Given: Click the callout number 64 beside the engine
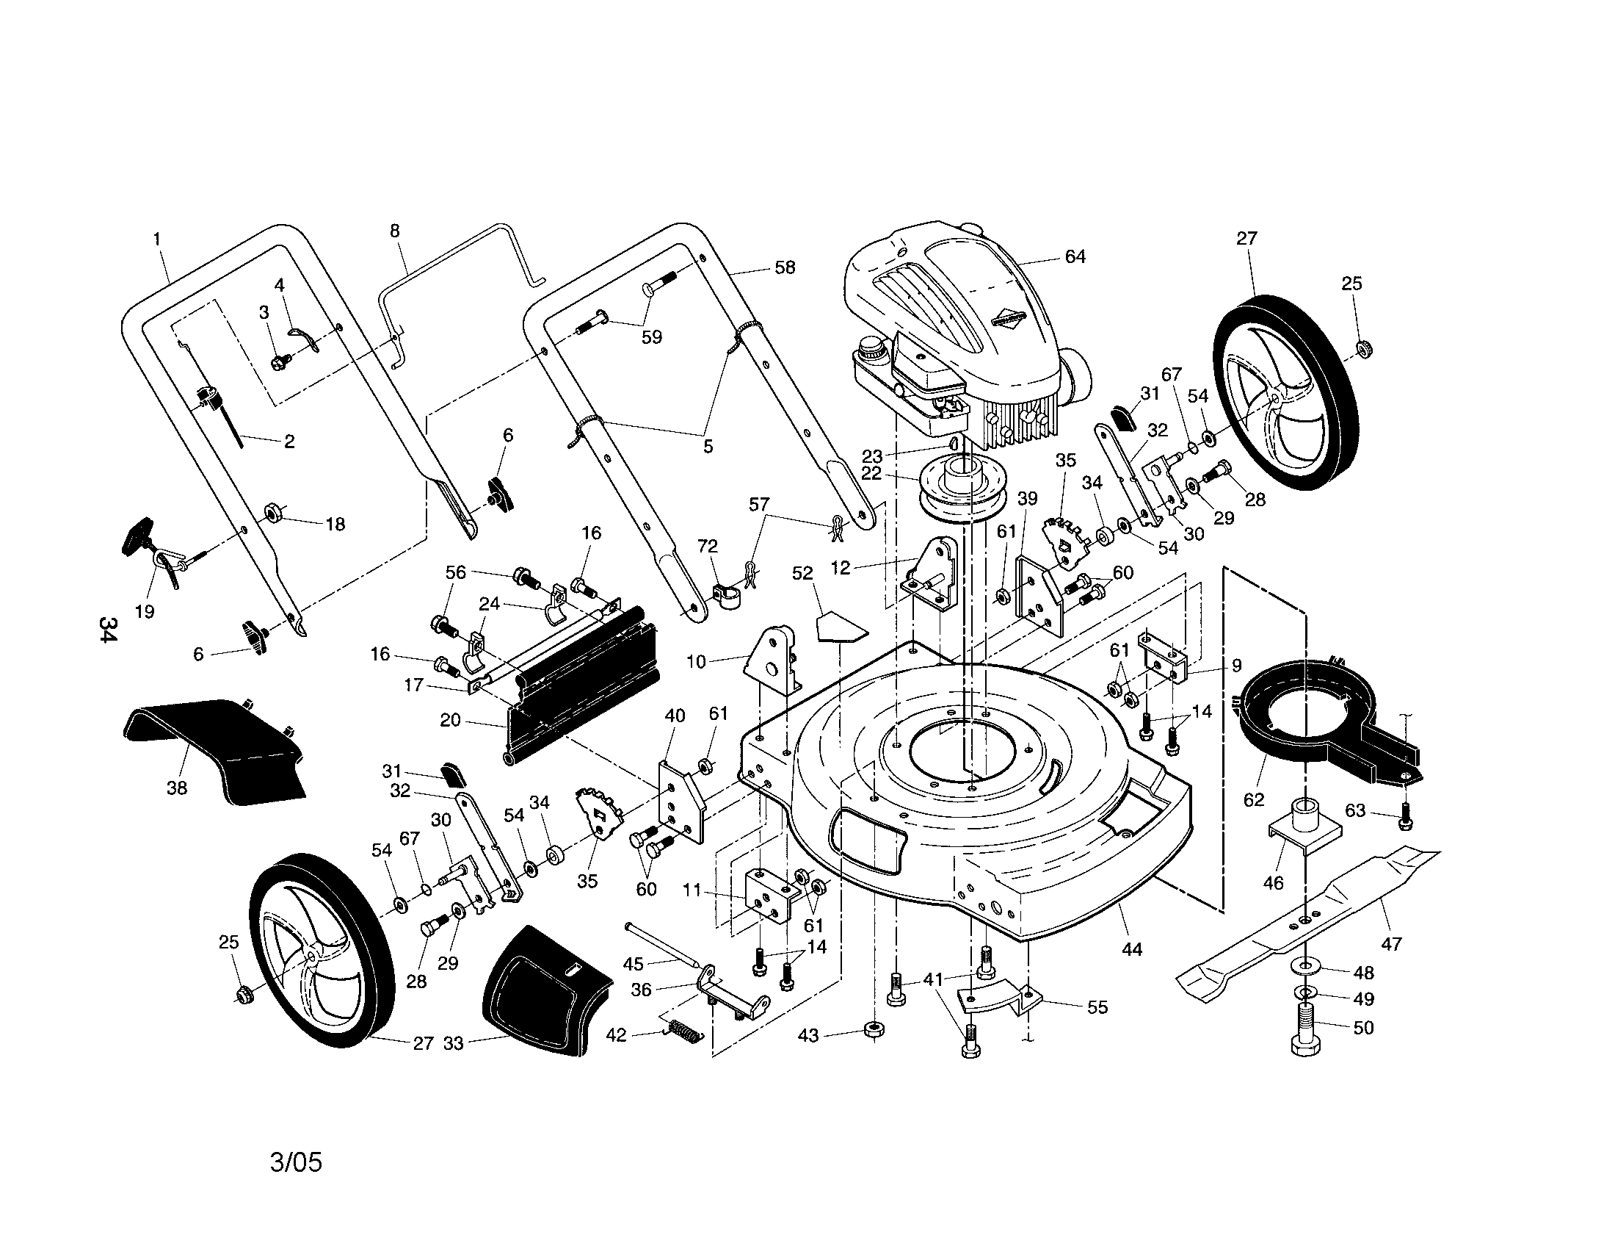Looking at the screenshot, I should [1075, 256].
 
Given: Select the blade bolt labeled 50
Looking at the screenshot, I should [1305, 1031].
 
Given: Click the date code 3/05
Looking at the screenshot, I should [296, 1162].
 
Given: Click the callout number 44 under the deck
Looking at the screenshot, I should [1132, 949].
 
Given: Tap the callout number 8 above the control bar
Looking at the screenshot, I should [395, 231].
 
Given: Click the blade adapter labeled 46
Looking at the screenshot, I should [1305, 827].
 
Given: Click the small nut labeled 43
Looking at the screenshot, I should [874, 1029].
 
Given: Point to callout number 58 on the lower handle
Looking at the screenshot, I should [785, 268].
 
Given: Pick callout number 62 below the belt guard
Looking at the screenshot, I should [1254, 799].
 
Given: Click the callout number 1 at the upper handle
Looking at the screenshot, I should [157, 238].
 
